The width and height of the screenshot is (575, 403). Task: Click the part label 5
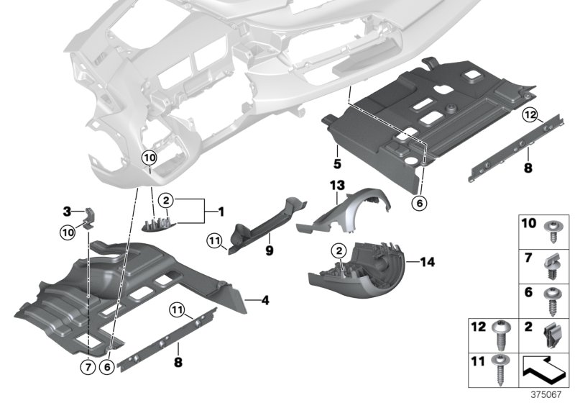coord(336,153)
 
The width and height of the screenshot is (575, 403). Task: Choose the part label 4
coord(244,299)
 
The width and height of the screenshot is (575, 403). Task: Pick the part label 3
coord(66,212)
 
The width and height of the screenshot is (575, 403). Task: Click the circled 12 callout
coord(529,114)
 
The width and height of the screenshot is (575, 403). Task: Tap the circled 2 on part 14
coord(335,250)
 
